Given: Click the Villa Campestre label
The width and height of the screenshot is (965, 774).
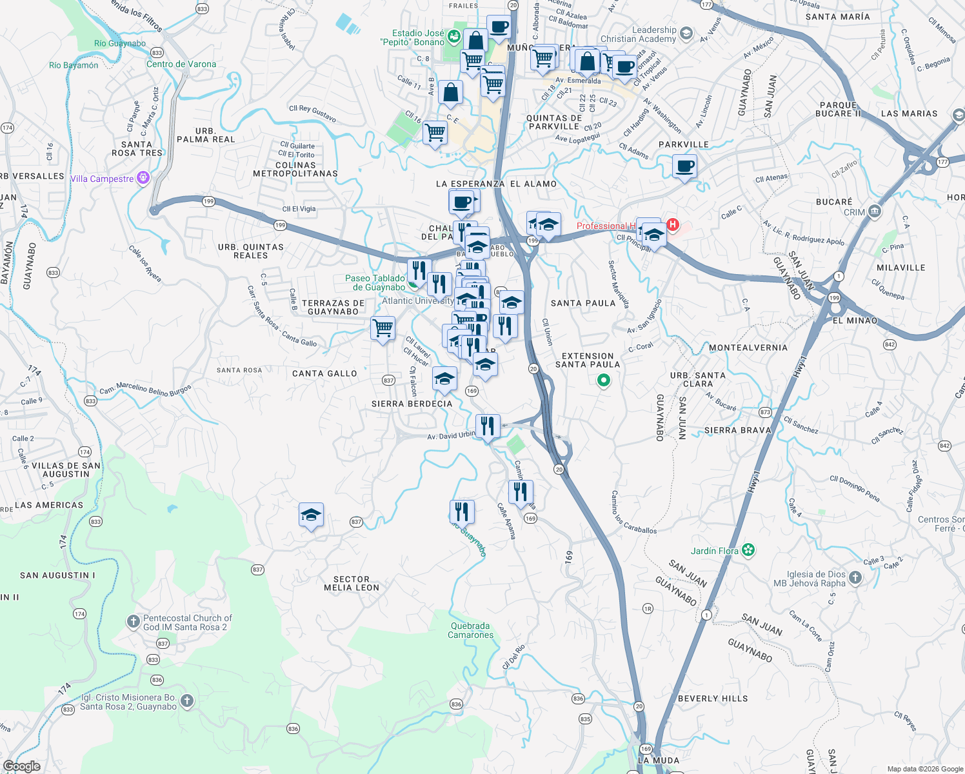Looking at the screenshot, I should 102,179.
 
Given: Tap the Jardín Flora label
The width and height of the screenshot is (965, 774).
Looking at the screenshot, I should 714,551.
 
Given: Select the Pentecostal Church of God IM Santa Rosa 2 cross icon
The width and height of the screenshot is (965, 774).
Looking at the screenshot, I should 133,622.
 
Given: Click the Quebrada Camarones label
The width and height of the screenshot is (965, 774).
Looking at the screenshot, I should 471,630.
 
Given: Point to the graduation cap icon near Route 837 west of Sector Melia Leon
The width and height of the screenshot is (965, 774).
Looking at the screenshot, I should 311,515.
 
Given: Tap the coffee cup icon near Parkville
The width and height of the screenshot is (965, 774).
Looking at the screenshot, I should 684,167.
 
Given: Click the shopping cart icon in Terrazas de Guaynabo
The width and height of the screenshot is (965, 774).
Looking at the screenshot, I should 383,328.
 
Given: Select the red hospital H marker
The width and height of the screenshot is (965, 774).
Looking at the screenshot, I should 673,224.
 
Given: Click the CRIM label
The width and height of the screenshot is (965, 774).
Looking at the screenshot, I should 855,212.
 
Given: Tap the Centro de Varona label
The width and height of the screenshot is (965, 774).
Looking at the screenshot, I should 181,64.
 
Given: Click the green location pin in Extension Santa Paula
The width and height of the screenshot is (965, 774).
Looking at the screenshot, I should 603,381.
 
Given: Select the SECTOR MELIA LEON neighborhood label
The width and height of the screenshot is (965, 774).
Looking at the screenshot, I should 352,583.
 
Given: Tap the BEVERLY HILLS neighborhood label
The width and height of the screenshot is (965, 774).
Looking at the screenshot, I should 713,699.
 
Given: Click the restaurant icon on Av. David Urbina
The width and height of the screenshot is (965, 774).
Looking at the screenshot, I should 488,426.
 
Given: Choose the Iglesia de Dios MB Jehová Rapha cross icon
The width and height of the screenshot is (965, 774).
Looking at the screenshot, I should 855,578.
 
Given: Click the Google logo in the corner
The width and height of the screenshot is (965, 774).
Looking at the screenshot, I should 22,766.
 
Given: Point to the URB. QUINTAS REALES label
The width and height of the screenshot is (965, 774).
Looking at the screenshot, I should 251,251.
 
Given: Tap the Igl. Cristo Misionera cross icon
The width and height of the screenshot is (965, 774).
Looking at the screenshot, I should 187,701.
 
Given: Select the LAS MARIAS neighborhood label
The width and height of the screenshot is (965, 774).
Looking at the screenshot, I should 909,114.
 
